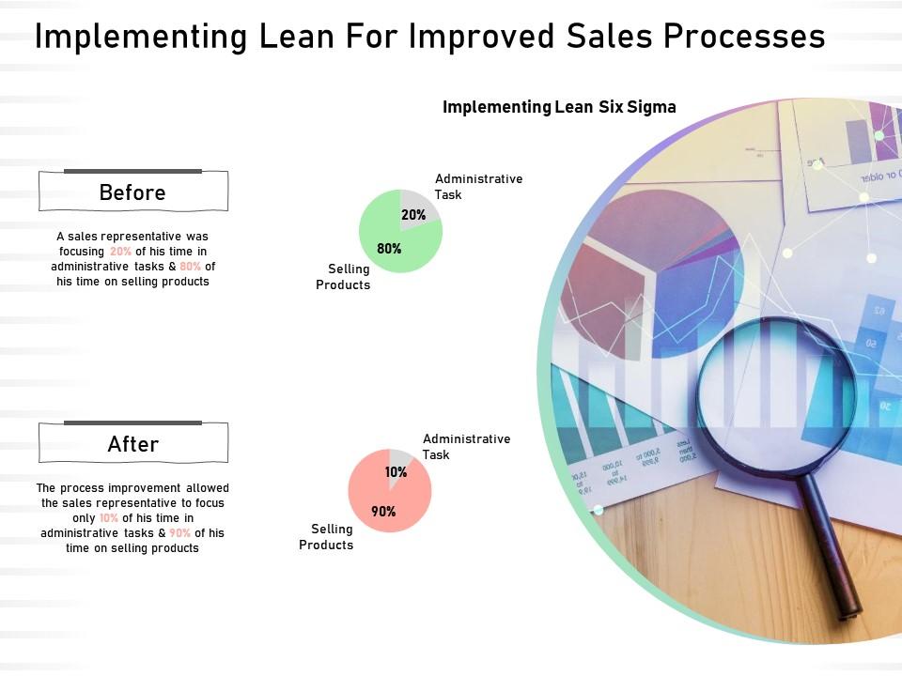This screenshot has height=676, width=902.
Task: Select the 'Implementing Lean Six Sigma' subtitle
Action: (559, 106)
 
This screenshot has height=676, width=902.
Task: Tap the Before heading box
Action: (132, 192)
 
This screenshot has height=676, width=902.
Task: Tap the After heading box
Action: (132, 443)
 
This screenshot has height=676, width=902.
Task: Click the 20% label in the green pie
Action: (413, 215)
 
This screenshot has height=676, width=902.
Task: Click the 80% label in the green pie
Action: (389, 249)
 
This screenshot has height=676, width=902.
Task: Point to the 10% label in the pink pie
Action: (397, 472)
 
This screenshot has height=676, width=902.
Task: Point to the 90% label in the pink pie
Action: (382, 512)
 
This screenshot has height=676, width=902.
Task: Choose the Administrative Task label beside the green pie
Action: (478, 186)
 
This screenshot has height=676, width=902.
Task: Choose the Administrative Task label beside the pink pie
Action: (466, 446)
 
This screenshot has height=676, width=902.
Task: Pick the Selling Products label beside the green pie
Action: (343, 277)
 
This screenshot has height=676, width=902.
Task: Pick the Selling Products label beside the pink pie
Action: (326, 537)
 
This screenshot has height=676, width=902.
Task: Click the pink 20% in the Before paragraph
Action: (120, 252)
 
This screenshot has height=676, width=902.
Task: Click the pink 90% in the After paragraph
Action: (179, 533)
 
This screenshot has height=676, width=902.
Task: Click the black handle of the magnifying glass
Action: (836, 554)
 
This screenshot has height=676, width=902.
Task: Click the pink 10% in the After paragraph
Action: (109, 518)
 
